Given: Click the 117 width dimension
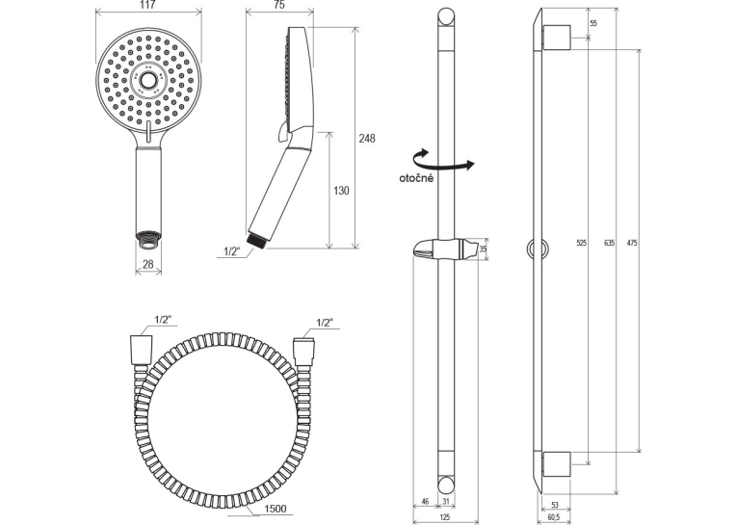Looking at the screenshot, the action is click(x=147, y=5).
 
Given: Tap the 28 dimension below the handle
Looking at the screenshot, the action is click(x=148, y=265).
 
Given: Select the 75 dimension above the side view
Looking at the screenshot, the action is click(x=278, y=5).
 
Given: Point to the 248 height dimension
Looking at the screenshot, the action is click(x=367, y=138).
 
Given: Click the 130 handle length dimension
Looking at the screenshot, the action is click(x=341, y=191).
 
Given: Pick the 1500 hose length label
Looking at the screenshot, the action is click(x=275, y=509).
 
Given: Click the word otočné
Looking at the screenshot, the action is click(x=416, y=178).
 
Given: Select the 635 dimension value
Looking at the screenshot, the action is click(x=609, y=243).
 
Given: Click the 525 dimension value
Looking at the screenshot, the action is click(x=582, y=243).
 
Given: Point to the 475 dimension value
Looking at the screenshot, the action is click(x=632, y=243).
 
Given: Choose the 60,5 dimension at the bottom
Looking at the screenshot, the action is click(x=554, y=517).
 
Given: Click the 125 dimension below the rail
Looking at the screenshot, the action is click(x=445, y=517).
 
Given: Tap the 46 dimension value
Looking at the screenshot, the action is click(x=426, y=502).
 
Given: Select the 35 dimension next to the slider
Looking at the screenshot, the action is click(x=484, y=249).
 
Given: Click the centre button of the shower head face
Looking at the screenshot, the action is click(x=148, y=81).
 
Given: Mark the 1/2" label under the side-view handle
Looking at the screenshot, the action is click(x=232, y=251).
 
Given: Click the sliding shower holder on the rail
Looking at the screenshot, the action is click(x=446, y=249).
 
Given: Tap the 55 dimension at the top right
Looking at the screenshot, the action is click(x=593, y=23).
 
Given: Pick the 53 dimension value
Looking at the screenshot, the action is click(x=555, y=506).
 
